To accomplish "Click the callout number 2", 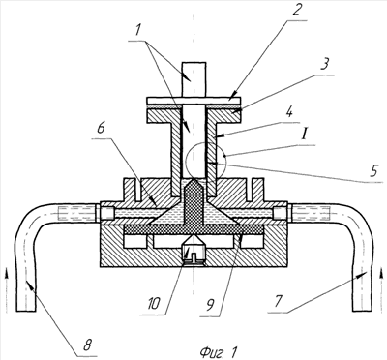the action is point(296,10).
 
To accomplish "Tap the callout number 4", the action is point(289,112).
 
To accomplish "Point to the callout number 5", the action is point(373,171).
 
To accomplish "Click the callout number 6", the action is point(101,129).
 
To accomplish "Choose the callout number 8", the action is point(87,345).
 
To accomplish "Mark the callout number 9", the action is point(210,305).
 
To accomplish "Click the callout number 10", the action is point(154,303).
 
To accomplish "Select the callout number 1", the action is point(137,31).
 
